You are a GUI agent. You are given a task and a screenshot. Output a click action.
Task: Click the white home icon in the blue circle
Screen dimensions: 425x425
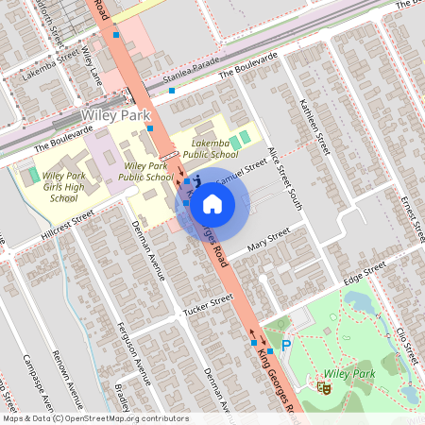coord(212,203)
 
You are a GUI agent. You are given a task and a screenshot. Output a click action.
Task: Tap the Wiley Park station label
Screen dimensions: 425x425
coord(116,115)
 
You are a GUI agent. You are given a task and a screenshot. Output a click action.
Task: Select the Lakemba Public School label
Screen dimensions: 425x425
coord(212,146)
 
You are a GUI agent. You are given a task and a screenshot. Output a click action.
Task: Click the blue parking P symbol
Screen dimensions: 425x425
coord(286,348)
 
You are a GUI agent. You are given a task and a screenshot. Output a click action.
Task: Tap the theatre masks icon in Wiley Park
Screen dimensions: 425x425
coord(324,386)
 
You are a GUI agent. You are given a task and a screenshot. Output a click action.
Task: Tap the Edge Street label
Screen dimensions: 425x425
coord(365,271)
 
